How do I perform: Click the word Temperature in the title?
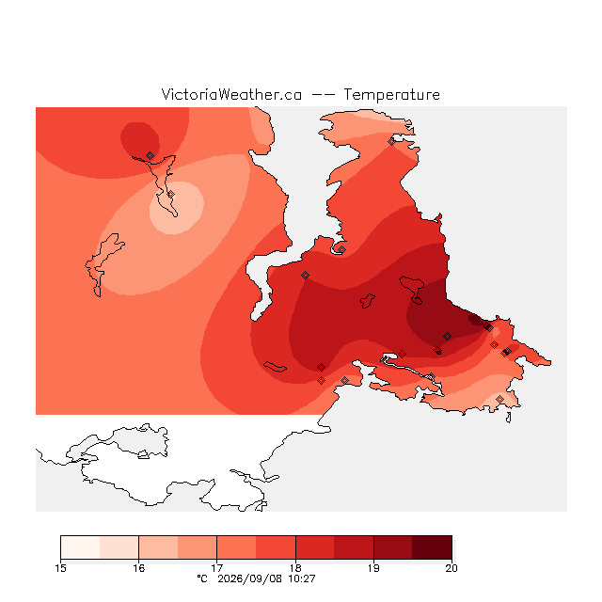[x=391, y=94]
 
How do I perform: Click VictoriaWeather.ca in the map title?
[x=231, y=94]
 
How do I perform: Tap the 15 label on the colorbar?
[x=60, y=568]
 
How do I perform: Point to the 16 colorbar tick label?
[x=138, y=568]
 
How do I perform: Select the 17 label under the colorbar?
[x=217, y=568]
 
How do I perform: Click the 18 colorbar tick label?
[x=295, y=568]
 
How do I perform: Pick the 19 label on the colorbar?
[x=373, y=568]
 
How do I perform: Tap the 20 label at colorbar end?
[x=451, y=568]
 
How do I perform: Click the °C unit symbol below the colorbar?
[x=202, y=578]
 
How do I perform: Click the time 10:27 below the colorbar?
[x=302, y=578]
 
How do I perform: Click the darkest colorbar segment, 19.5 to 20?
[x=432, y=547]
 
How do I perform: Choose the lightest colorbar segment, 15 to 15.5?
[x=80, y=547]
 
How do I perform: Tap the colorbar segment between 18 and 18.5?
[x=315, y=547]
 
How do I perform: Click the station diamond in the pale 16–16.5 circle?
[x=171, y=195]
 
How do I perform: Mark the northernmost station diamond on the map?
[x=391, y=142]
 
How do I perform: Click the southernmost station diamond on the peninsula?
[x=499, y=399]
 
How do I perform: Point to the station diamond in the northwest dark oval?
[x=150, y=155]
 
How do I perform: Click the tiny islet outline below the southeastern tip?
[x=509, y=418]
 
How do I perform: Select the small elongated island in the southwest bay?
[x=275, y=367]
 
